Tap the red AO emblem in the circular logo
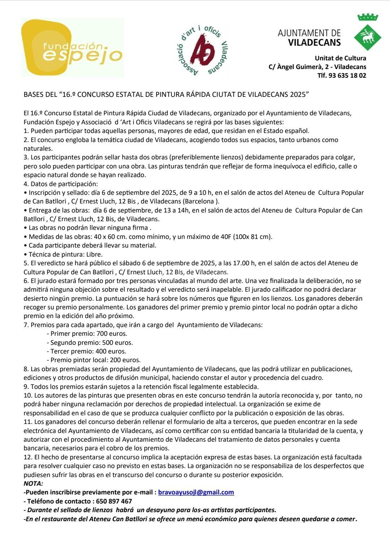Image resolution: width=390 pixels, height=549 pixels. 201,50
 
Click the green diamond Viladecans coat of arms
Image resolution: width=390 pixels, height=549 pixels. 368,36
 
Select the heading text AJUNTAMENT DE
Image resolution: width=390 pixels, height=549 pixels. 309,33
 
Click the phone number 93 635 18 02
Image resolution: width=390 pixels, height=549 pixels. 347,76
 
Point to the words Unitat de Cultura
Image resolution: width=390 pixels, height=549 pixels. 340,58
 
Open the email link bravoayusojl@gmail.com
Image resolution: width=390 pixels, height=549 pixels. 196,492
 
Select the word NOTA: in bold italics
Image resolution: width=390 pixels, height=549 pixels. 33,484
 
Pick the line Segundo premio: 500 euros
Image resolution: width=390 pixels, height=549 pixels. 90,343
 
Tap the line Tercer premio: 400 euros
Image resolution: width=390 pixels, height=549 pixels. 86,351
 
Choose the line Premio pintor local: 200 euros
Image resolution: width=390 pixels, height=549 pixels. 94,360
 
